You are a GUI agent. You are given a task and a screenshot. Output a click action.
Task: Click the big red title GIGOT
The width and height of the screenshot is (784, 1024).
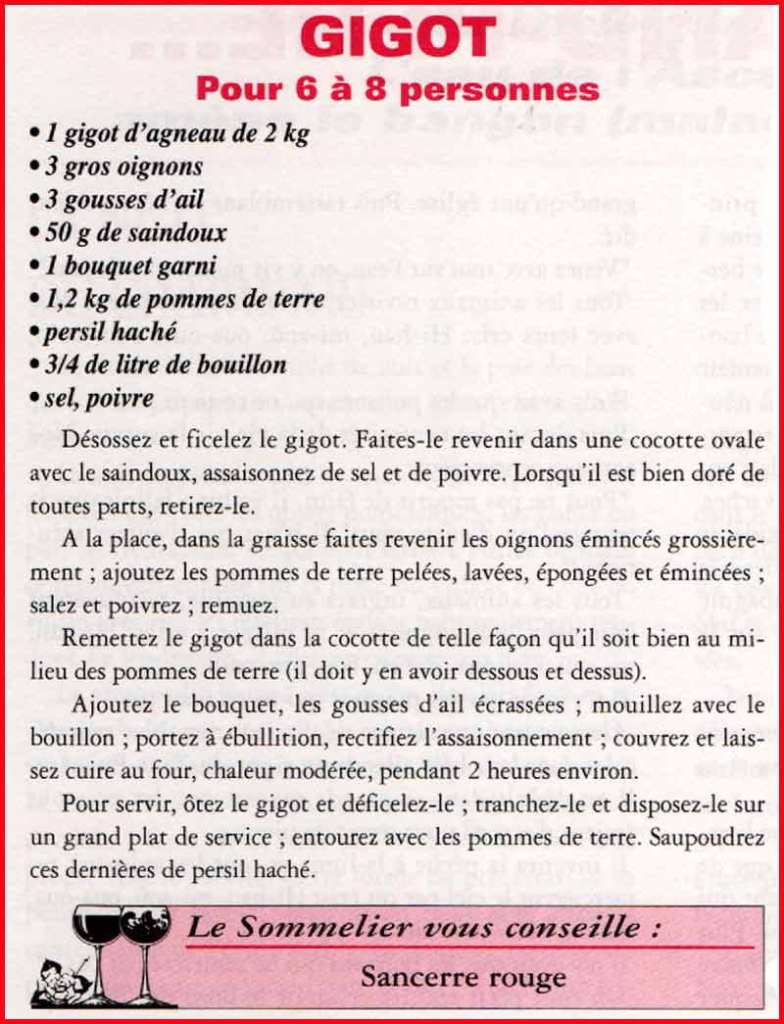[x=398, y=38]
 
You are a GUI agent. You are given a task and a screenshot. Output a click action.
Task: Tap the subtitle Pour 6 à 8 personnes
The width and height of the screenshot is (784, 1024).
[x=397, y=89]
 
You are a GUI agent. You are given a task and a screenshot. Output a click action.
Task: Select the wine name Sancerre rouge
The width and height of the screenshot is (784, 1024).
[x=463, y=976]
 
